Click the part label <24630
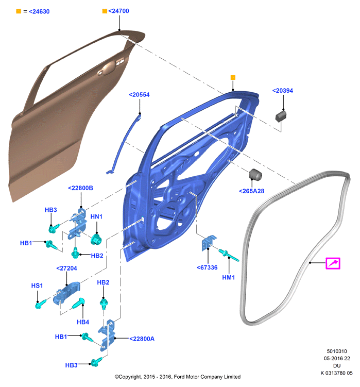[x=39, y=12]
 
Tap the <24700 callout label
[x=118, y=11]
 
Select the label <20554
[x=139, y=95]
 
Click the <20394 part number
[x=283, y=91]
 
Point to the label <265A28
[x=251, y=191]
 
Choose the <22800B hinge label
[x=80, y=188]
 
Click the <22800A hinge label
[x=142, y=339]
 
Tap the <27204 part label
[x=66, y=268]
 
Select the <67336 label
[x=207, y=267]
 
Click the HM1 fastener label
[x=229, y=277]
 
